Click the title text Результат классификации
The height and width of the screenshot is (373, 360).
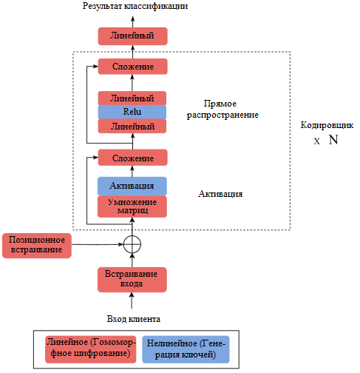tap(135, 6)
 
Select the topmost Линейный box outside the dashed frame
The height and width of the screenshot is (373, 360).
tap(133, 36)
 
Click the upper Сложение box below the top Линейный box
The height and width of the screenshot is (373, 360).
tap(133, 67)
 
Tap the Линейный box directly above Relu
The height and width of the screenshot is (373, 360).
tap(132, 98)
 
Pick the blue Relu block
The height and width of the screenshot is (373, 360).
tap(132, 112)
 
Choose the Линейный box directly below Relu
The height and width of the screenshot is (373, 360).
tap(132, 126)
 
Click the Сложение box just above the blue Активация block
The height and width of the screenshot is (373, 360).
tap(133, 158)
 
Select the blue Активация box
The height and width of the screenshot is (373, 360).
tap(132, 186)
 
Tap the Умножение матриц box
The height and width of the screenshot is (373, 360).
tap(132, 206)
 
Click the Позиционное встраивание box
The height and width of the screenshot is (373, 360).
tap(37, 246)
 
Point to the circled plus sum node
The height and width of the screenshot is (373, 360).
tap(132, 244)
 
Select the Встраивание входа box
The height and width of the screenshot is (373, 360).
tap(132, 280)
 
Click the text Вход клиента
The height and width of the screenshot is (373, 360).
tap(134, 319)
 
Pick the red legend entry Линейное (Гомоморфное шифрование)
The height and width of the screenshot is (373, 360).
tap(90, 349)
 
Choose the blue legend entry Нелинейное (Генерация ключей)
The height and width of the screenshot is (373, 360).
tap(186, 349)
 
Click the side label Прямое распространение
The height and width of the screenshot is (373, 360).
tap(223, 110)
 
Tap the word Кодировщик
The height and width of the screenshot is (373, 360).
tap(327, 125)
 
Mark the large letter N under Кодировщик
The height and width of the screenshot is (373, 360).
tap(333, 140)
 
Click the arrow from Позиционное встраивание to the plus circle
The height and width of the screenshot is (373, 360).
tap(98, 244)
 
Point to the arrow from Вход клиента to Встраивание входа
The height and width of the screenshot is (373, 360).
tap(132, 300)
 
